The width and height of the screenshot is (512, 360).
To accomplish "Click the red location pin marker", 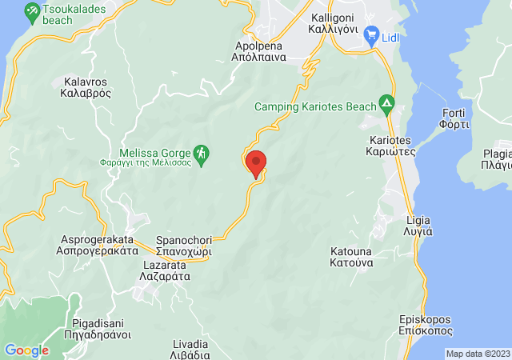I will point(256,163).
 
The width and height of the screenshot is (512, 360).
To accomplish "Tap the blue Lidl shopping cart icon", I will point(370,34).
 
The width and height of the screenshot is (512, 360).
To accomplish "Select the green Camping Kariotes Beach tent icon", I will point(387,104).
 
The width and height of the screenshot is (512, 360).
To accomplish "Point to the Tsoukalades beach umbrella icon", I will point(32,12).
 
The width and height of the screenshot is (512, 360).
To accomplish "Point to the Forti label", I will point(458,118).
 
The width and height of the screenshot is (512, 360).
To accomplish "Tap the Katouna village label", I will point(351,257).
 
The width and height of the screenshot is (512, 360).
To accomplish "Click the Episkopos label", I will point(426,325).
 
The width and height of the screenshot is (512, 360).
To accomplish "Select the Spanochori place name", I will point(183,245).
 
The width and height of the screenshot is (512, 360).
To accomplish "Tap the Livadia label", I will point(191,350).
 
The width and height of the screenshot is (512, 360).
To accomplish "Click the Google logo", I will point(26,350).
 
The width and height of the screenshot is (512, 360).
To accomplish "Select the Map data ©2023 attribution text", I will point(477,354).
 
